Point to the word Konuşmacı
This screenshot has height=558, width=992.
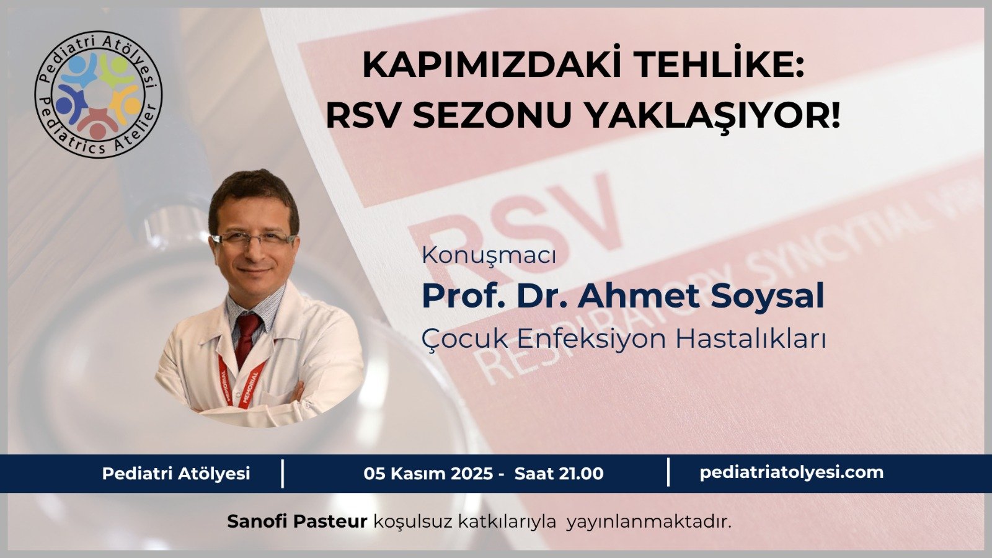tap(489, 255)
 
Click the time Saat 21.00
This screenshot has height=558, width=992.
tap(559, 474)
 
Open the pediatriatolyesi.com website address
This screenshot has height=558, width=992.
tap(791, 472)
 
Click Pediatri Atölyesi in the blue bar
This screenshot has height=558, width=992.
tap(176, 474)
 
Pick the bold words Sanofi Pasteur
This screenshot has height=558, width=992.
tap(297, 521)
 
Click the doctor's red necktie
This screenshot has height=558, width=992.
tap(247, 335)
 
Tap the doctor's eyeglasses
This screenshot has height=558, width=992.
tap(252, 239)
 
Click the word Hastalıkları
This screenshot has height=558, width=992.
tap(750, 339)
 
